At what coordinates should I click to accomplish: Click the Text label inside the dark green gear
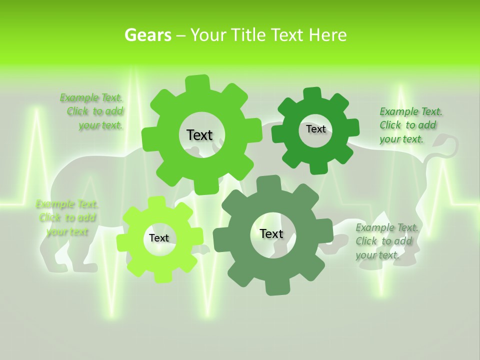point(315,129)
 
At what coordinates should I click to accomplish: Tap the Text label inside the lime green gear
point(158,238)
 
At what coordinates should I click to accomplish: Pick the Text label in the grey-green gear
point(271,233)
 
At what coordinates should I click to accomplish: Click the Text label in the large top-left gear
point(199,135)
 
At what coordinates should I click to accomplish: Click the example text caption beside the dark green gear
point(410,125)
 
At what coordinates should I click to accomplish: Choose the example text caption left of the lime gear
point(67,217)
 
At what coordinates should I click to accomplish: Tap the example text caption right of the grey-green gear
point(386,241)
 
